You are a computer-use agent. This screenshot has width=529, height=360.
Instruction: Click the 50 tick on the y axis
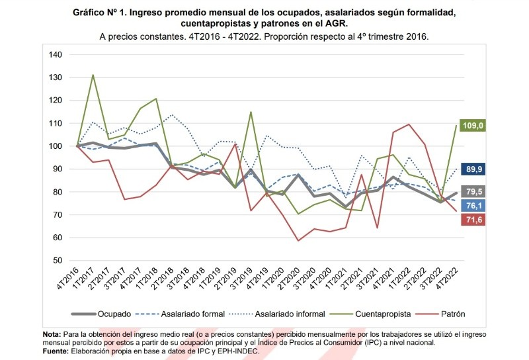[57, 261]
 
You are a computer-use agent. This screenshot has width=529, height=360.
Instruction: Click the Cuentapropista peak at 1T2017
[93, 75]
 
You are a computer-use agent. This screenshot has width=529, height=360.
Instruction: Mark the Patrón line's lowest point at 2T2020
[299, 240]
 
